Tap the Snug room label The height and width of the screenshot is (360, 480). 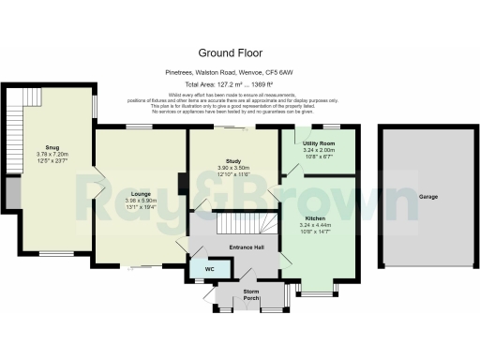point(47,146)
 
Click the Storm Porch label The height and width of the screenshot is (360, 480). point(251,292)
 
